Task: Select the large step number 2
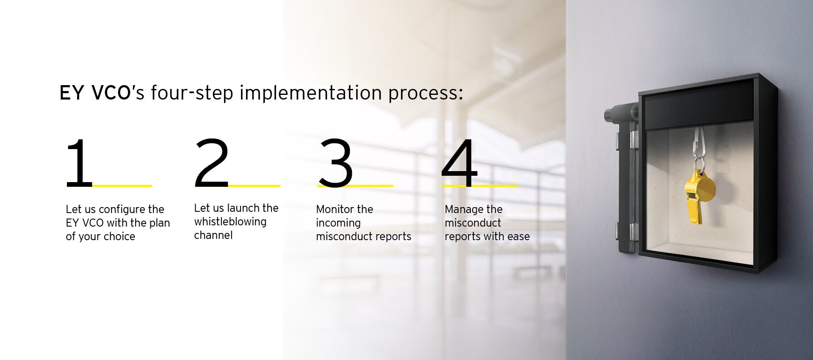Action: click(212, 163)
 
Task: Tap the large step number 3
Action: click(335, 163)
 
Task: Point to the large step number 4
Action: click(459, 163)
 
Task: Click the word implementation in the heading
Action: click(311, 93)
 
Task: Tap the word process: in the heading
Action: click(426, 94)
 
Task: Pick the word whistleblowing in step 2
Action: click(230, 222)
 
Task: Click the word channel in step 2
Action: click(213, 235)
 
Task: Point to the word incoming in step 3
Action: click(338, 223)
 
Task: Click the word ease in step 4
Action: click(518, 237)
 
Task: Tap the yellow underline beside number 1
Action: click(122, 186)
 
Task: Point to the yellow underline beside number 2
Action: click(254, 186)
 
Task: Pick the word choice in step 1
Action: click(119, 236)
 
